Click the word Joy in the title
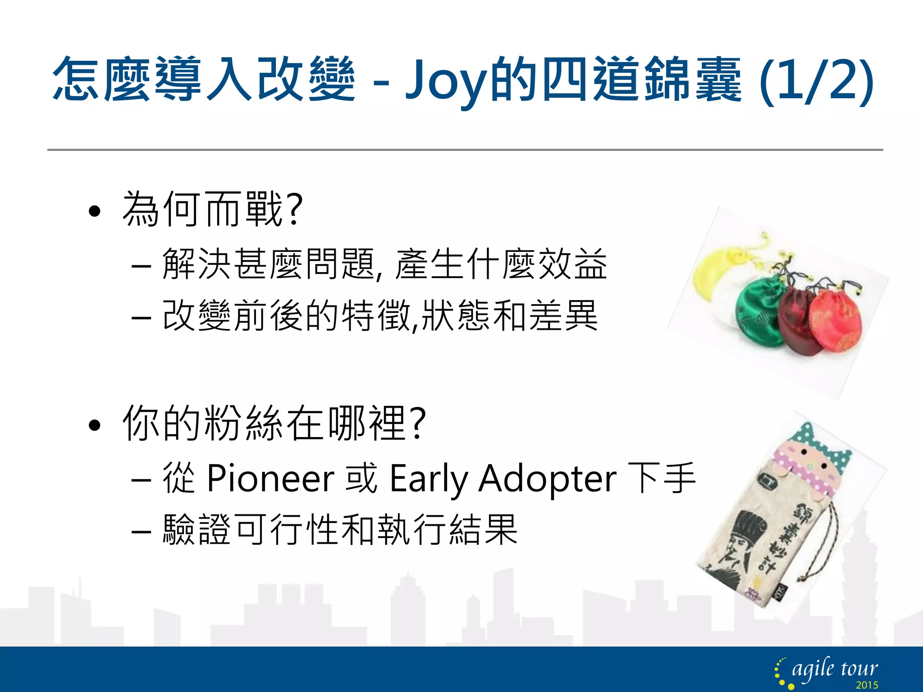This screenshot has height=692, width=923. (x=446, y=81)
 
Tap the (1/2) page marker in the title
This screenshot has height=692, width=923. (x=816, y=81)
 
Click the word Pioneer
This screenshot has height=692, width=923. (x=270, y=478)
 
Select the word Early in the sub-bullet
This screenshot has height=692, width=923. (x=429, y=478)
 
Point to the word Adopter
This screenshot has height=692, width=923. (x=547, y=478)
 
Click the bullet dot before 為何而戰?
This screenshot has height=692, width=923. (x=94, y=211)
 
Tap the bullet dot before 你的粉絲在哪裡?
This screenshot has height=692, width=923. (x=94, y=425)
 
